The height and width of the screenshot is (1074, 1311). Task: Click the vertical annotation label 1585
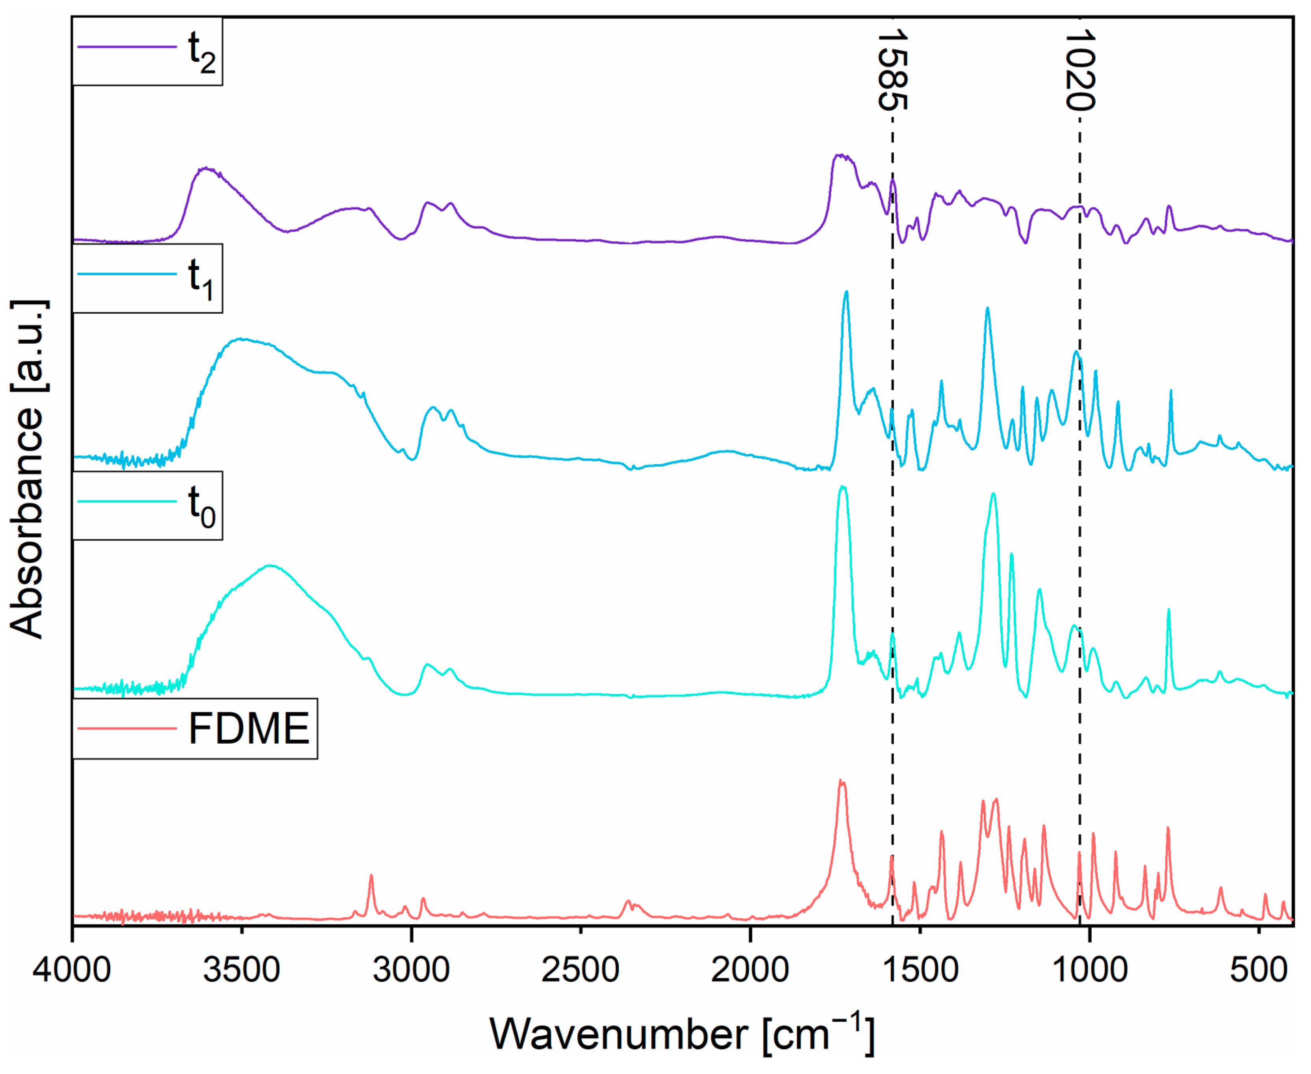tap(892, 69)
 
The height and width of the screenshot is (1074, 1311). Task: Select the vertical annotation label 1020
tap(1080, 69)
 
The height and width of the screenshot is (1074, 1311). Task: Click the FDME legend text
tap(249, 729)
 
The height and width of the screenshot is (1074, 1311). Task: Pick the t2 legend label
tap(202, 52)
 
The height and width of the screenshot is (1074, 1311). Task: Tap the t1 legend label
tap(202, 279)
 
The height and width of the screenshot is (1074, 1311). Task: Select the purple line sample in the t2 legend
tap(127, 46)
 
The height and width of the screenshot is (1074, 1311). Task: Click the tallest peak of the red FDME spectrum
tap(841, 781)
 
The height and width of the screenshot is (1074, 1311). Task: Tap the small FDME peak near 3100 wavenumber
tap(371, 876)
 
